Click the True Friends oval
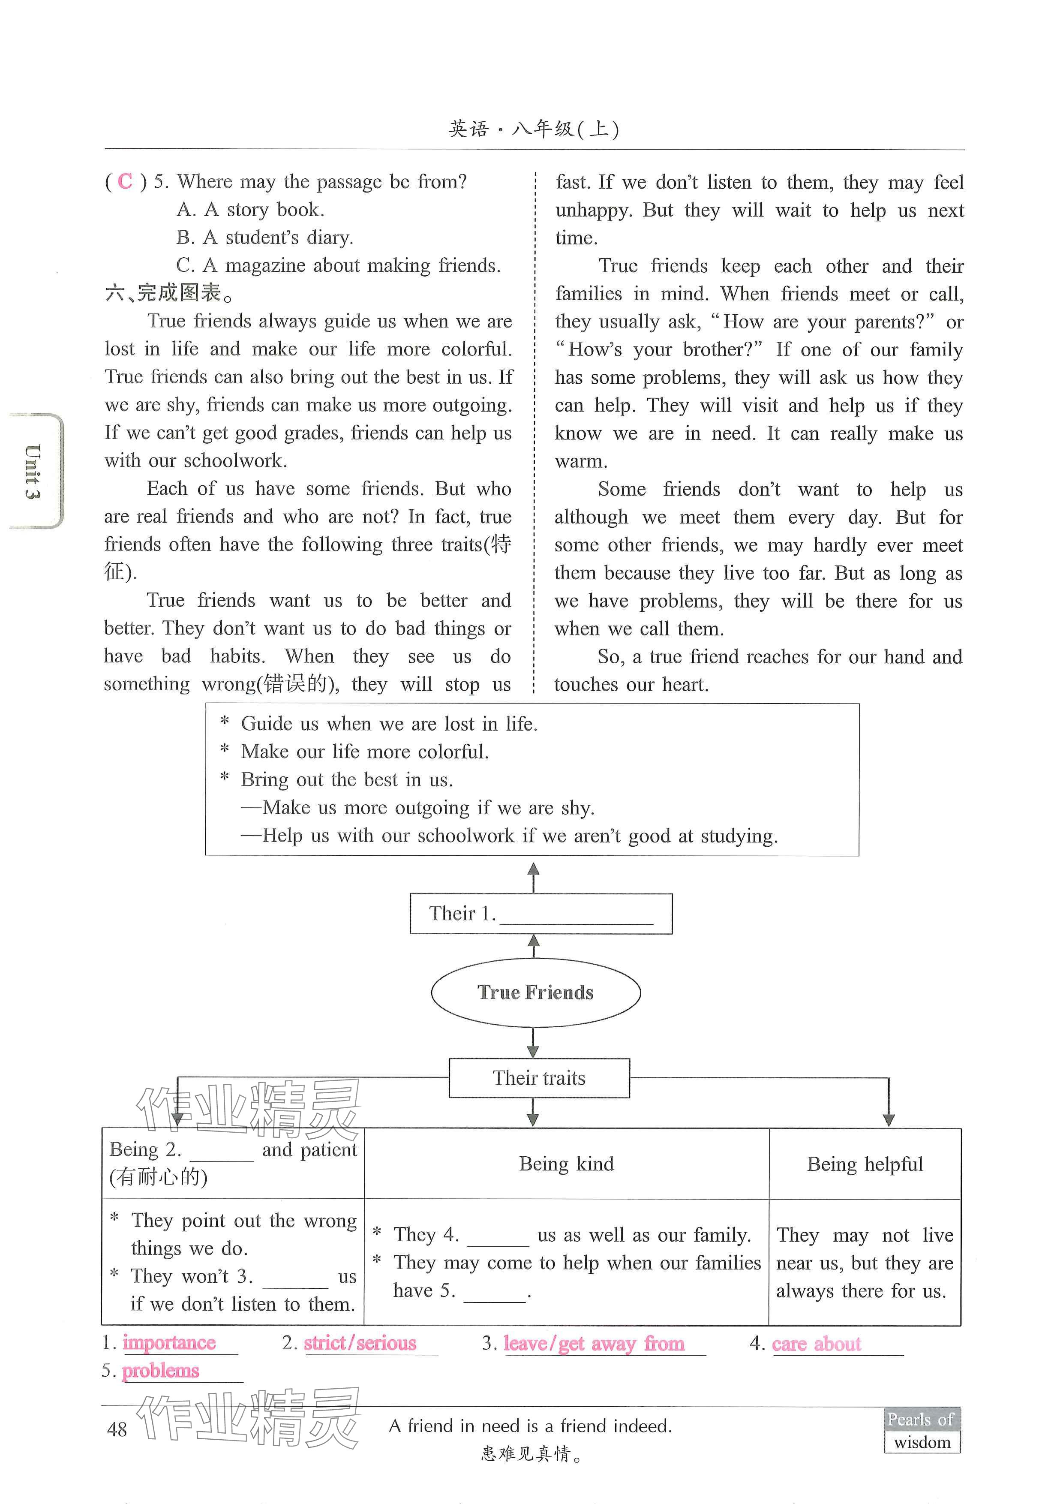tap(535, 993)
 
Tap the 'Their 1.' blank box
tap(541, 913)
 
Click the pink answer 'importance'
tap(169, 1342)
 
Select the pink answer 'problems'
tap(160, 1370)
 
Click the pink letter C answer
tap(125, 181)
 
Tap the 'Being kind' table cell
tap(566, 1164)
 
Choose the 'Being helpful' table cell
tap(865, 1164)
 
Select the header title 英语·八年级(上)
tap(534, 129)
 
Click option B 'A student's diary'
tap(264, 237)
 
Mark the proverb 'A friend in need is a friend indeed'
tap(531, 1426)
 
